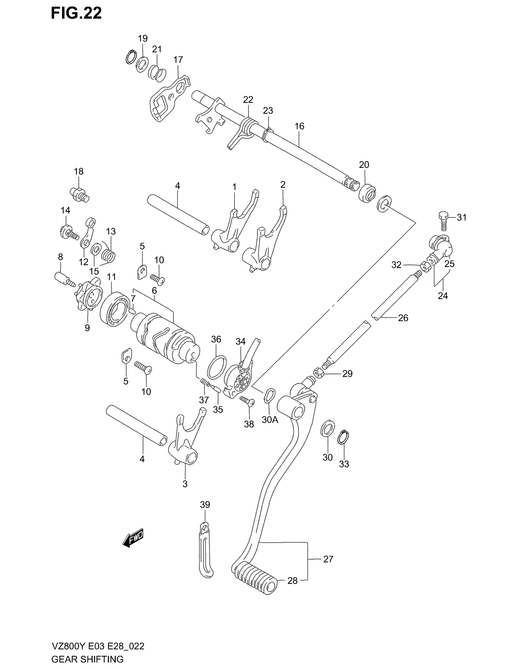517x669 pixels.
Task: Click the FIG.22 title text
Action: (76, 14)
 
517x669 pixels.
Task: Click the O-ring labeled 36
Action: (217, 367)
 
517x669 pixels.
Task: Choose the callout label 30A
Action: (270, 419)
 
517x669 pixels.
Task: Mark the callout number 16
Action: (299, 126)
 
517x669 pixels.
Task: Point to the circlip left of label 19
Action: (131, 57)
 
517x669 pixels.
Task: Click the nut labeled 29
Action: (318, 373)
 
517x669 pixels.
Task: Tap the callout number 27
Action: (328, 559)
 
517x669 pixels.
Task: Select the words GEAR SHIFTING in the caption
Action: (87, 659)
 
